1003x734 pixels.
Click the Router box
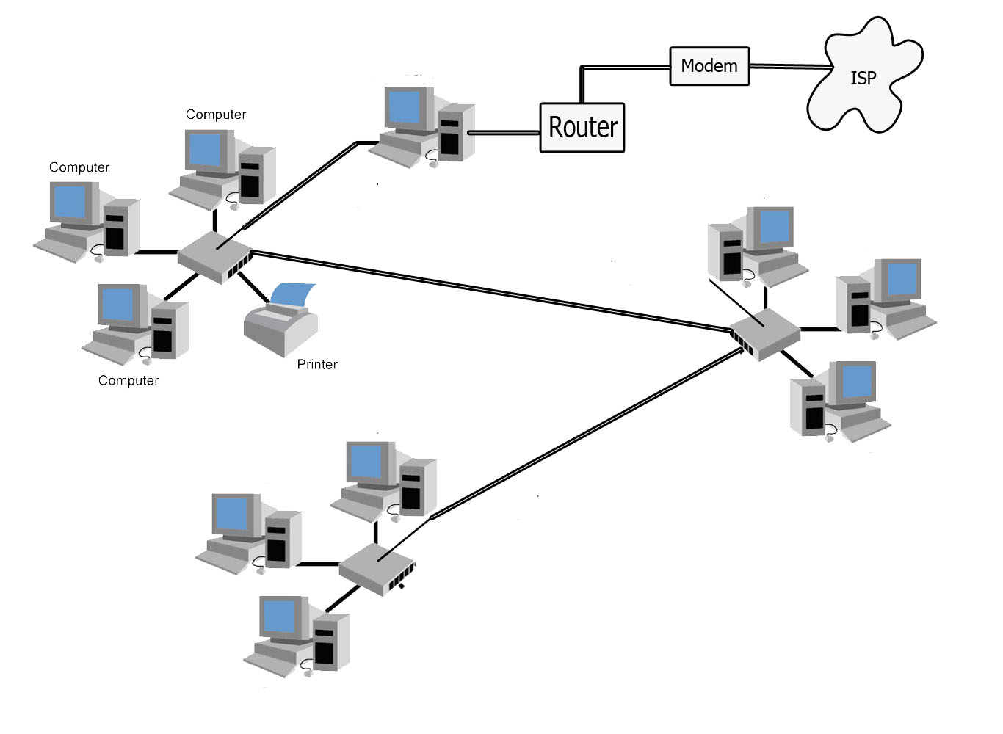pyautogui.click(x=582, y=128)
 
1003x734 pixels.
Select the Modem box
pyautogui.click(x=709, y=66)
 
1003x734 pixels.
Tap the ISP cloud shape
pyautogui.click(x=862, y=77)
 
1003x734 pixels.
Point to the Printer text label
pyautogui.click(x=317, y=364)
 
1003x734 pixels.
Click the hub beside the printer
pyautogui.click(x=214, y=257)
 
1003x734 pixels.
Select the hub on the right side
pyautogui.click(x=764, y=334)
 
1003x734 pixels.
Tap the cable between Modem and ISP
pyautogui.click(x=789, y=66)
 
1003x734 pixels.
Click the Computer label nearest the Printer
pyautogui.click(x=128, y=380)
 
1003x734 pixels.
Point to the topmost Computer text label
pyautogui.click(x=216, y=115)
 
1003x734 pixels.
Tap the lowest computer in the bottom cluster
pyautogui.click(x=297, y=635)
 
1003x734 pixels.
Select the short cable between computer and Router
pyautogui.click(x=504, y=133)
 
